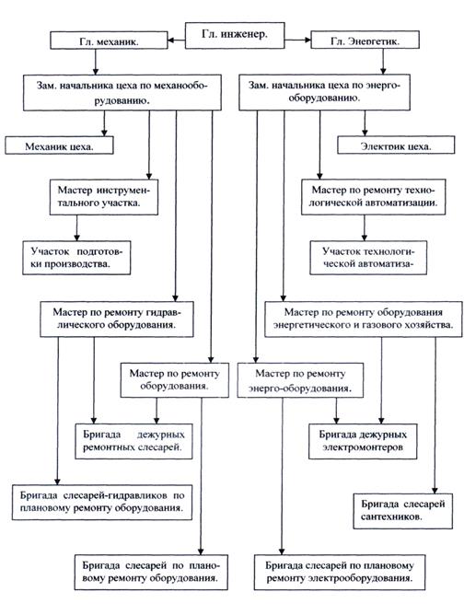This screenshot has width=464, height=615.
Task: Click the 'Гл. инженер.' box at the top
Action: click(x=235, y=35)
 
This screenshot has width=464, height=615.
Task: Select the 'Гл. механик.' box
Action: click(x=109, y=41)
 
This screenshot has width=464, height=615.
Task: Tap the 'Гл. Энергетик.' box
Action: click(x=365, y=40)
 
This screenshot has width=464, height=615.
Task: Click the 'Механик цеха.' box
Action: click(x=59, y=145)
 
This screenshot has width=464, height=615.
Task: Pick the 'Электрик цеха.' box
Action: click(x=396, y=145)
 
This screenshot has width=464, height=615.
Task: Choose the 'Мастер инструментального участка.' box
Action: click(x=104, y=197)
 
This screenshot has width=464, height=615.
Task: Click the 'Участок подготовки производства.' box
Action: click(x=76, y=258)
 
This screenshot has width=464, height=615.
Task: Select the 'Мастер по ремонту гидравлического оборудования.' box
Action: click(x=117, y=319)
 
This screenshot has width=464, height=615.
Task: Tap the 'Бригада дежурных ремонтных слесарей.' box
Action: click(x=133, y=441)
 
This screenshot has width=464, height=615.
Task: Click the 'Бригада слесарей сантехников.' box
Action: click(x=403, y=511)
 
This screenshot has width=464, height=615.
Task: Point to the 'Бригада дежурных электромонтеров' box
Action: click(x=363, y=441)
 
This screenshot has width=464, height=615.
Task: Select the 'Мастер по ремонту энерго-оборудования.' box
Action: click(x=300, y=380)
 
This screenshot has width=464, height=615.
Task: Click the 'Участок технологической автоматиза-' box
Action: click(x=368, y=258)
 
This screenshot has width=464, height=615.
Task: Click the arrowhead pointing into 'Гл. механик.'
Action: click(x=171, y=40)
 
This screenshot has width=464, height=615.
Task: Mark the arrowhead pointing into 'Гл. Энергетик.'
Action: click(x=307, y=40)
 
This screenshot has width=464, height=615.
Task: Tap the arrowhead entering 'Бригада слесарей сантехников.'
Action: click(x=435, y=491)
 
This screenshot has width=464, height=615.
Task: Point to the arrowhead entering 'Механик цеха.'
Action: click(x=104, y=133)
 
